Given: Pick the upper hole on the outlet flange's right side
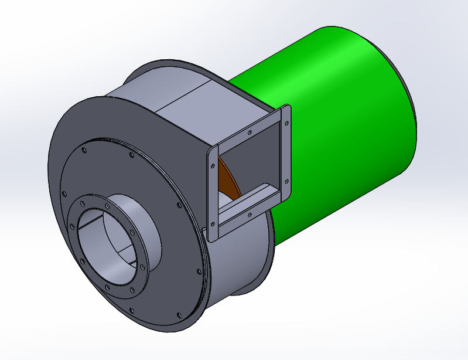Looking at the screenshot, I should click(286, 124).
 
